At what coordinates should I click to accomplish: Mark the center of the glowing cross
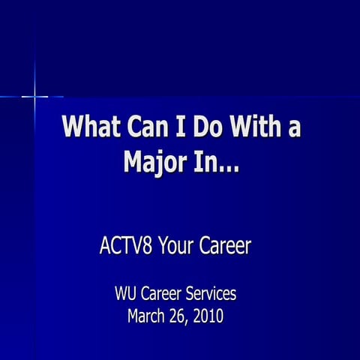pos(35,96)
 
